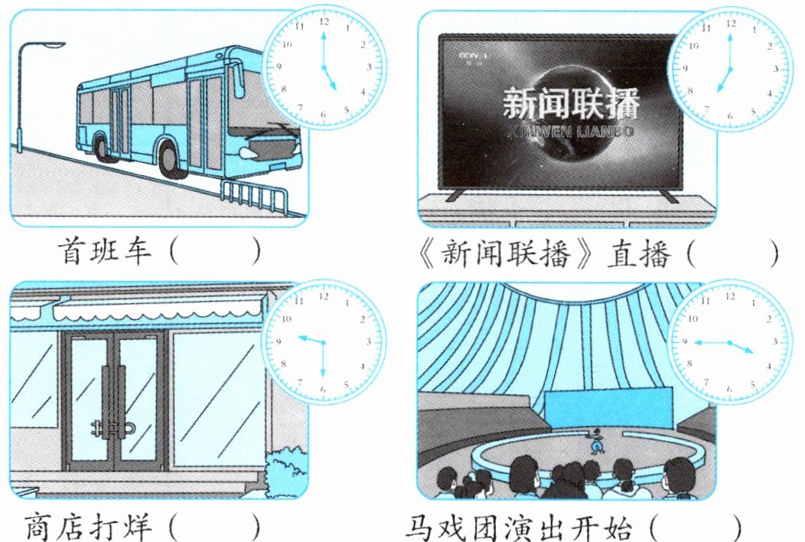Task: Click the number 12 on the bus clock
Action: point(324,22)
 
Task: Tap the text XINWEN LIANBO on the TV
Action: point(569,131)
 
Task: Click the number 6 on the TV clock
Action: point(730,116)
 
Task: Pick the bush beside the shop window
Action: point(283,467)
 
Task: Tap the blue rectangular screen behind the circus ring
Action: point(608,406)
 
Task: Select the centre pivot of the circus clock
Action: point(730,341)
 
